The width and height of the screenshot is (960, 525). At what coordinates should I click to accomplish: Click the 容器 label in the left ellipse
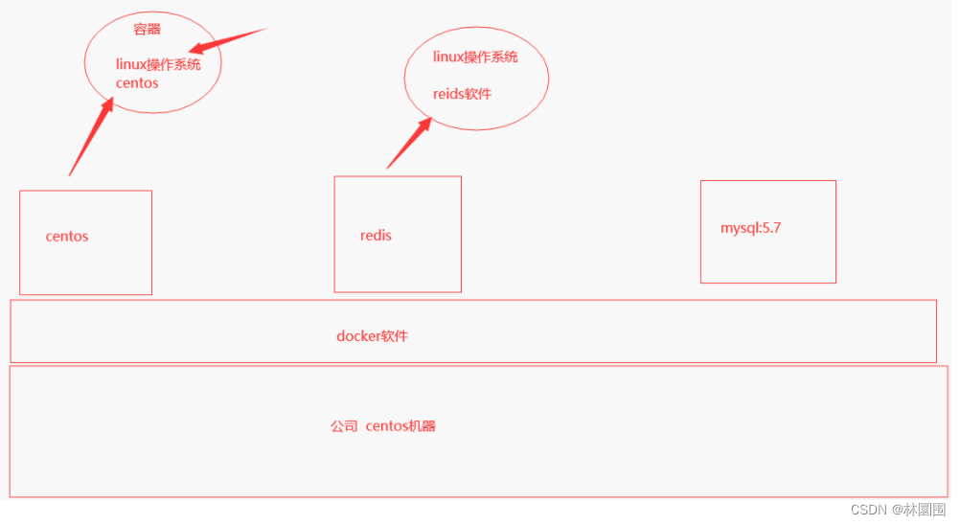tap(147, 30)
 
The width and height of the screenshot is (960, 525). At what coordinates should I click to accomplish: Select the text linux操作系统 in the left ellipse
tap(158, 65)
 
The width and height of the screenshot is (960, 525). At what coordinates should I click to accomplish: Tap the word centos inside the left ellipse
tap(137, 83)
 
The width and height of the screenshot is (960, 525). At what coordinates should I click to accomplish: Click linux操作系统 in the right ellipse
tap(475, 57)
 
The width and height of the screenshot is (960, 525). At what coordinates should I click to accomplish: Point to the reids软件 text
tap(462, 94)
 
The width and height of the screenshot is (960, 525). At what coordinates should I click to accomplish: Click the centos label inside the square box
tap(67, 237)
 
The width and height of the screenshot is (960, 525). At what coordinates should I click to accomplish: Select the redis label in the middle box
tap(376, 236)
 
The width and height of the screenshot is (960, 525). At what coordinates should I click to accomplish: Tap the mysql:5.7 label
tap(751, 228)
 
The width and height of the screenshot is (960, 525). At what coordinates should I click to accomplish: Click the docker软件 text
tap(373, 336)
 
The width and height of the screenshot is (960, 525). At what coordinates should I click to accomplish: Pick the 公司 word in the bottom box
tap(344, 426)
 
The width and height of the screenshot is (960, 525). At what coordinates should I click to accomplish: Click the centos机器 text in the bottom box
tap(400, 426)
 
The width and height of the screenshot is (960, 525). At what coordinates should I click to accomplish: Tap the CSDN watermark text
tap(843, 510)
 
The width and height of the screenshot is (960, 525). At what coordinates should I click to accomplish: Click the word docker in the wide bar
tap(359, 336)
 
